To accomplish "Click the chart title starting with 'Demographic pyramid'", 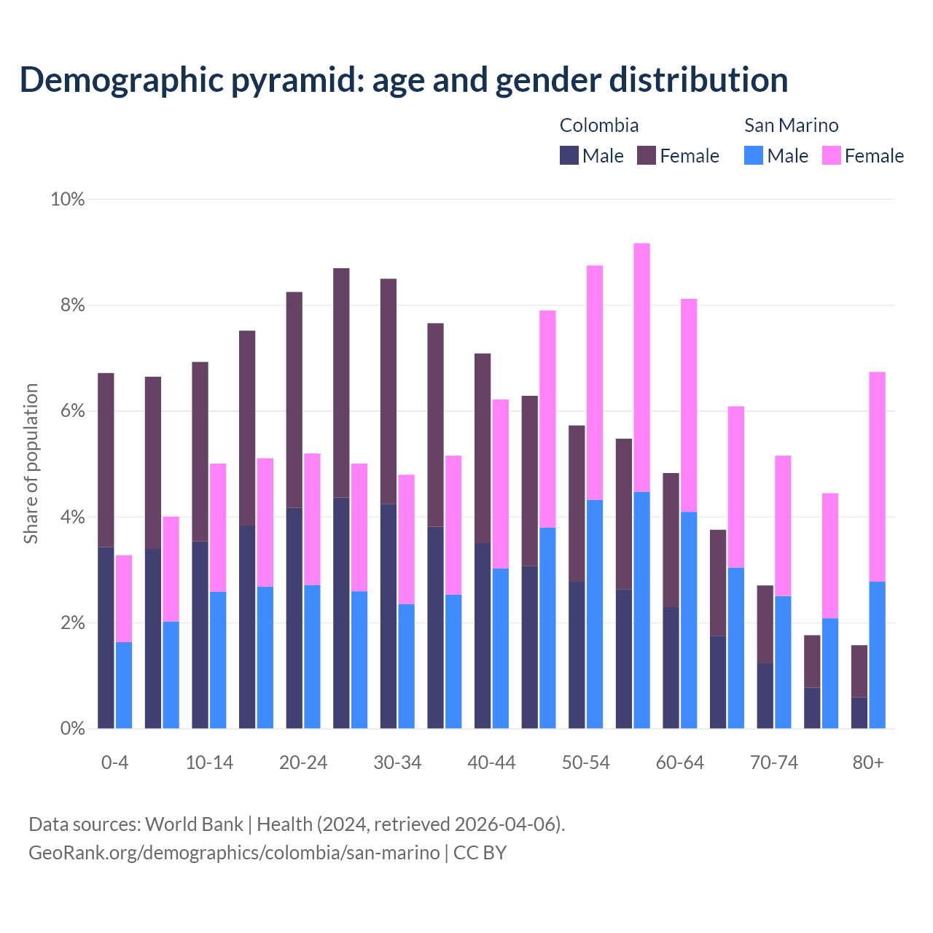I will click(404, 80).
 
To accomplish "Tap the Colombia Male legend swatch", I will click(569, 155).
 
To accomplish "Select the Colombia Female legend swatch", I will click(647, 155).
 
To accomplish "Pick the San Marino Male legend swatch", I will click(754, 155).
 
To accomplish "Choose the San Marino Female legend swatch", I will click(832, 155).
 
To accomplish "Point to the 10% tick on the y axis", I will click(68, 199).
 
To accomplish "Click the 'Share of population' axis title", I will click(31, 464).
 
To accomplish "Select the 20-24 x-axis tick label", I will click(303, 763).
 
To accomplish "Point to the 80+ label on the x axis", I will click(868, 763).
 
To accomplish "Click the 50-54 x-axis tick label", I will click(586, 763).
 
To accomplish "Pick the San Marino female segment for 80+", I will click(878, 477).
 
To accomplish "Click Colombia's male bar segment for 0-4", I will click(106, 638).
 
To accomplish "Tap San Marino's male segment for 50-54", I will click(595, 614).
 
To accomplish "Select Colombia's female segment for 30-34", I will click(389, 391).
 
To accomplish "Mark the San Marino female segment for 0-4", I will click(124, 598).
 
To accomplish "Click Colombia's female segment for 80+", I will click(859, 671).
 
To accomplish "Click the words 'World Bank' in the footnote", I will click(194, 824).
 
